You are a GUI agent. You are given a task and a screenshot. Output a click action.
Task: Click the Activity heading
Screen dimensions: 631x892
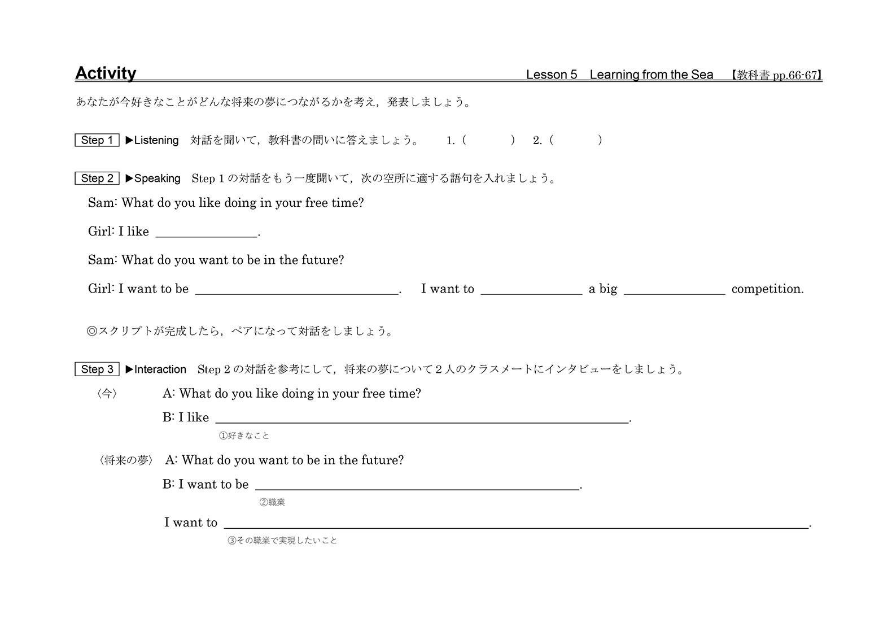pos(106,73)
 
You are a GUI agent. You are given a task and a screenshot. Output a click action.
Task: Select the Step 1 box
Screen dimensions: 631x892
pos(97,140)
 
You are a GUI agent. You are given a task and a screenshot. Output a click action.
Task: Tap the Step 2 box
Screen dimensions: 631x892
pos(97,179)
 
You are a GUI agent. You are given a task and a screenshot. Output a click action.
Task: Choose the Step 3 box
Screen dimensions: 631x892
pos(97,369)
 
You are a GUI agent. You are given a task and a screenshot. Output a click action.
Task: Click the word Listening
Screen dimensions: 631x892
pos(156,140)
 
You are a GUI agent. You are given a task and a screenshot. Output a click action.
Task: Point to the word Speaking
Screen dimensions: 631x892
pos(157,179)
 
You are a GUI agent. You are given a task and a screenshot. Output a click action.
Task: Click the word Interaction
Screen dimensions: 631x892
pos(160,369)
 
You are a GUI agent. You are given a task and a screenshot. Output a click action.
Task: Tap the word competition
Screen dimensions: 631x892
pos(767,289)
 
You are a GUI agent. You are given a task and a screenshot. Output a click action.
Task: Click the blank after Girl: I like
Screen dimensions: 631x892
pos(206,232)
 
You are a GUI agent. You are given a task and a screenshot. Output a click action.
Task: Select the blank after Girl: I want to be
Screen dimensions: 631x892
pos(296,289)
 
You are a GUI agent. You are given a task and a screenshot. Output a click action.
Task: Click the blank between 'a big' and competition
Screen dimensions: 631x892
pos(674,289)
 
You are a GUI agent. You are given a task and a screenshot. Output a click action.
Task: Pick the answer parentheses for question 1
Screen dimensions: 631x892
pos(488,140)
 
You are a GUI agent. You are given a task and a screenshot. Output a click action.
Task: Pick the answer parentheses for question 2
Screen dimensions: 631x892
pos(575,140)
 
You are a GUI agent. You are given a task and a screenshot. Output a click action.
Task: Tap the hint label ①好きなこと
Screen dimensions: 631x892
pos(244,436)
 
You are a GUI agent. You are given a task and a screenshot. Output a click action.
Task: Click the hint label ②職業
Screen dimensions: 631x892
pos(272,502)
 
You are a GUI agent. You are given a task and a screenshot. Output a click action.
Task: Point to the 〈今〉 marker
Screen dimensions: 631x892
pos(107,394)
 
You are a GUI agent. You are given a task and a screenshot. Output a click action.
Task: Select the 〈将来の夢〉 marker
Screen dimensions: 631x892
pos(126,460)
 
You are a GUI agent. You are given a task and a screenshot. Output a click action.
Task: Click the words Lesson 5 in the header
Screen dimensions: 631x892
pos(552,75)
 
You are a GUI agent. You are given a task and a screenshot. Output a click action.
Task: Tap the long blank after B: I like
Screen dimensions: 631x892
pos(422,418)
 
